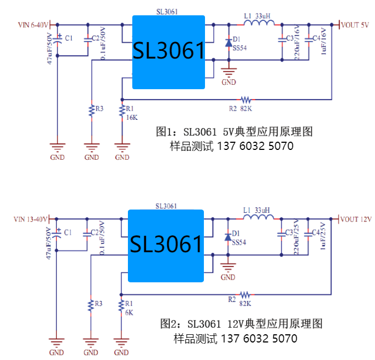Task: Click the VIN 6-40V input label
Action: pyautogui.click(x=33, y=25)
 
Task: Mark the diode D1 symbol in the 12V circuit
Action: pyautogui.click(x=227, y=237)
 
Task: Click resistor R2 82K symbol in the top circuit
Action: pyautogui.click(x=246, y=100)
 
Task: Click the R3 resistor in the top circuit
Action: pyautogui.click(x=91, y=111)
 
